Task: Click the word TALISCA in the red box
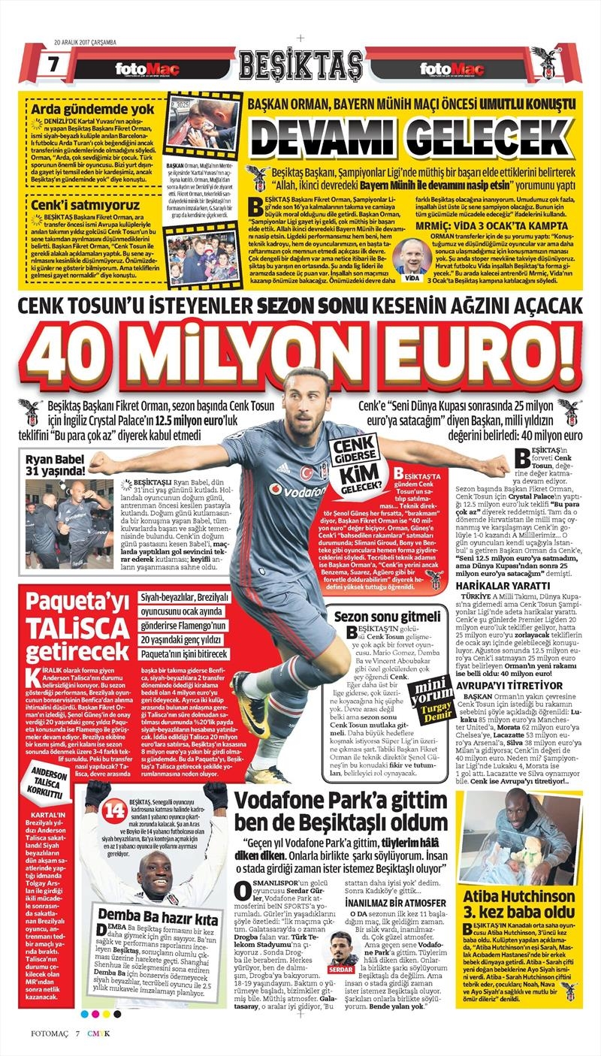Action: pyautogui.click(x=71, y=626)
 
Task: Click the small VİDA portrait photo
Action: pyautogui.click(x=412, y=256)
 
